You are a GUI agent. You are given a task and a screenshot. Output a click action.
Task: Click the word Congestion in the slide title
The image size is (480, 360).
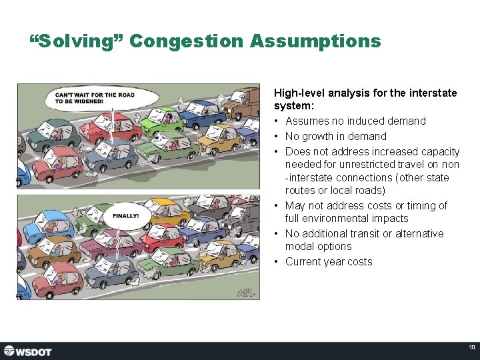(x=187, y=41)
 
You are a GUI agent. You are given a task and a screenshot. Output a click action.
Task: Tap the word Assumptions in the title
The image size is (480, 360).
(x=315, y=41)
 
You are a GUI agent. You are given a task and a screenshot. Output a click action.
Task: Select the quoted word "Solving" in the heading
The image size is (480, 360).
(x=77, y=41)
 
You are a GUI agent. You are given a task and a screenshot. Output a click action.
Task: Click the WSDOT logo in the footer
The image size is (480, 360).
(x=27, y=351)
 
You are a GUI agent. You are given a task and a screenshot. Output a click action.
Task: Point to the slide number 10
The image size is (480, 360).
(x=471, y=347)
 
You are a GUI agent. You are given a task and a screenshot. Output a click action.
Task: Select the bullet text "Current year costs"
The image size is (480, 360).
(x=329, y=261)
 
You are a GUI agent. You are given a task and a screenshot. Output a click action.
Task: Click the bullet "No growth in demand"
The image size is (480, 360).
(x=335, y=136)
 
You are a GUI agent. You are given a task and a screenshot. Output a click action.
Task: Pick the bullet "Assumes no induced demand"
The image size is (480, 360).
(x=355, y=121)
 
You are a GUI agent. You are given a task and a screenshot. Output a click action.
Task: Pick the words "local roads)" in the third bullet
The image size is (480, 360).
(x=357, y=191)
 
